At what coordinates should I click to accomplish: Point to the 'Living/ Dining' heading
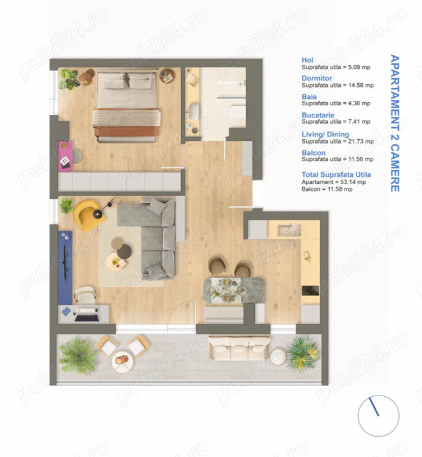tap(324, 135)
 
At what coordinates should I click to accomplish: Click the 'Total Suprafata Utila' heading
tap(336, 174)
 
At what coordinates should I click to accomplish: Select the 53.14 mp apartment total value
tap(345, 182)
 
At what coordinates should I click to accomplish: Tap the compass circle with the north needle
tap(378, 415)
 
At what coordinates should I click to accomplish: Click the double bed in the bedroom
tap(126, 105)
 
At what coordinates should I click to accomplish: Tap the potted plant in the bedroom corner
tap(69, 79)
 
